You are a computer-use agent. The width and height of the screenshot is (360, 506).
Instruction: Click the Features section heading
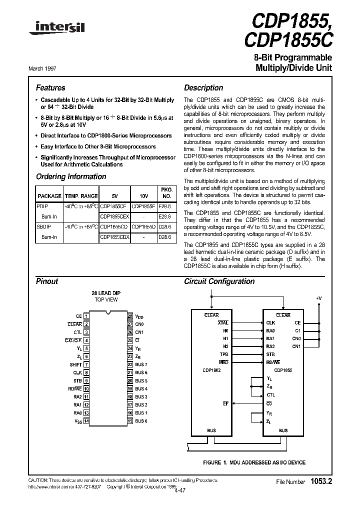pyautogui.click(x=50, y=87)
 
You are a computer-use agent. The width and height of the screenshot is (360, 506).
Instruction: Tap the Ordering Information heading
pyautogui.click(x=71, y=176)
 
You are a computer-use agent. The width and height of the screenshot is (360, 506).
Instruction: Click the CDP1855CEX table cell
pyautogui.click(x=114, y=216)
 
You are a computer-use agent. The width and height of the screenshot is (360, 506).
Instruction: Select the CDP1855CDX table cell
pyautogui.click(x=114, y=237)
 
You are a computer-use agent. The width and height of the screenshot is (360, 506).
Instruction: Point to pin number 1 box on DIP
pyautogui.click(x=86, y=316)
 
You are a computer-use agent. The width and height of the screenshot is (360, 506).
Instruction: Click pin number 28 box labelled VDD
pyautogui.click(x=129, y=316)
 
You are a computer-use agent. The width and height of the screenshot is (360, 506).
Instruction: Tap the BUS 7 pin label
pyautogui.click(x=141, y=364)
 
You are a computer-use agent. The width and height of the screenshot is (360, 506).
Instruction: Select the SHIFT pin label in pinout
pyautogui.click(x=75, y=364)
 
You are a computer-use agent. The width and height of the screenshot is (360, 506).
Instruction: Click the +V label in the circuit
pyautogui.click(x=319, y=298)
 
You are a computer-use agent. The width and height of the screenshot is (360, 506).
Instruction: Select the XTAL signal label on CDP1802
pyautogui.click(x=223, y=323)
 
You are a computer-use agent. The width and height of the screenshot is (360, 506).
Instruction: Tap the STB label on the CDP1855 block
pyautogui.click(x=270, y=354)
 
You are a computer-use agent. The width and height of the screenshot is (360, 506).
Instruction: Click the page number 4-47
pyautogui.click(x=179, y=490)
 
